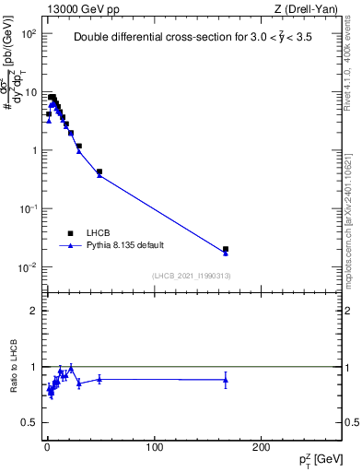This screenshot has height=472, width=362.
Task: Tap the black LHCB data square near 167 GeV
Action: pos(226,249)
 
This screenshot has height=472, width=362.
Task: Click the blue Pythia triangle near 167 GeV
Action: pos(226,254)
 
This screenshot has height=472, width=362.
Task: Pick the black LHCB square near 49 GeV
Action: pos(99,171)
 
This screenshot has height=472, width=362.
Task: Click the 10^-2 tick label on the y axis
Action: pos(27,268)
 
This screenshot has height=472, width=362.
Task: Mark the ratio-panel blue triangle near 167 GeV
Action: pos(226,380)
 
